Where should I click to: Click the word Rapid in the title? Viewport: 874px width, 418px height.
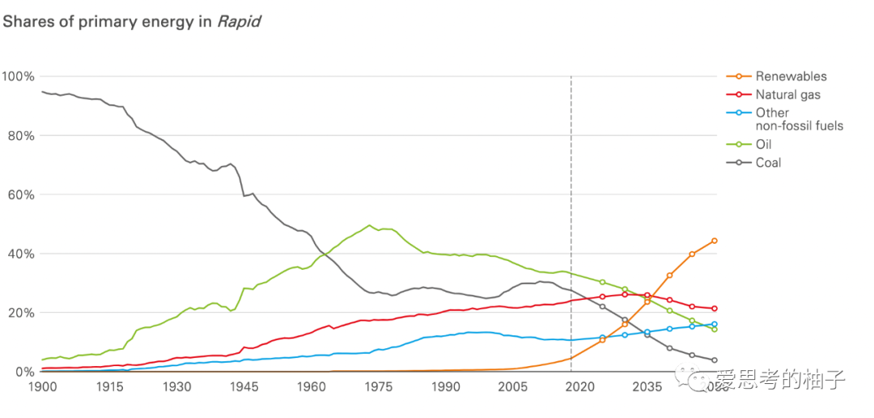click(239, 22)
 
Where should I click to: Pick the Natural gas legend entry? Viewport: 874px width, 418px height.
click(787, 95)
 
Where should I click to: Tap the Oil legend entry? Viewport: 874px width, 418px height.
click(764, 144)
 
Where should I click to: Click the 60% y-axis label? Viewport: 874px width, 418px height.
click(20, 194)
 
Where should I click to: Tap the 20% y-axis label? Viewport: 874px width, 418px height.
click(20, 313)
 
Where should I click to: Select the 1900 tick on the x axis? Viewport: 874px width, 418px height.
click(41, 388)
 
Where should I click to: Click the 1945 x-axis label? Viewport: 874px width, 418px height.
click(244, 388)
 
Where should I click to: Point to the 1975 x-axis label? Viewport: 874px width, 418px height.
click(378, 388)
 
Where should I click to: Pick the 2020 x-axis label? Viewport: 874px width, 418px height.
click(579, 388)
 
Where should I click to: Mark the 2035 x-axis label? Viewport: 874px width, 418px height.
click(647, 388)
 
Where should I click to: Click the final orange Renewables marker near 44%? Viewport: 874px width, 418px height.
click(715, 241)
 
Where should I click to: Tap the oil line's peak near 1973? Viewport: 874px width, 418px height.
click(369, 225)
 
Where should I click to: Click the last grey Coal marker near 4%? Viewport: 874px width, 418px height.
click(715, 360)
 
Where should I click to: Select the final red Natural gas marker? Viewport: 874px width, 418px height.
click(715, 309)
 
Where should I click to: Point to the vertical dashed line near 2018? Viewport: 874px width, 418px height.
click(571, 203)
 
